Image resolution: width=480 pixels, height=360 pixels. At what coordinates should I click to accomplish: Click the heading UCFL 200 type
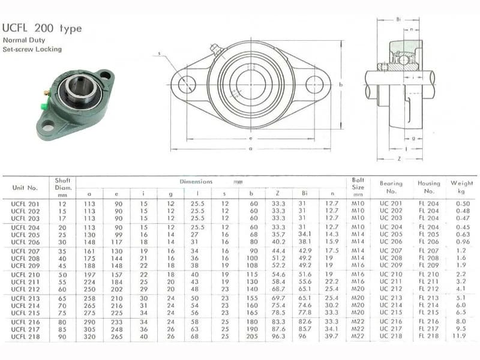(x=42, y=28)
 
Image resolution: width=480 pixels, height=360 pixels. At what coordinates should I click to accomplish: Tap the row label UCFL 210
(x=25, y=275)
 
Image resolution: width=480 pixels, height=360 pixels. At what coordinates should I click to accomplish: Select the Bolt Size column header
(x=358, y=187)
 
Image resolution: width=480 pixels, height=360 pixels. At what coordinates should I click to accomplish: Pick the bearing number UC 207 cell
(x=391, y=251)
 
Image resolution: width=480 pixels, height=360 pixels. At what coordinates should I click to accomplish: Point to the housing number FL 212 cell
(x=428, y=289)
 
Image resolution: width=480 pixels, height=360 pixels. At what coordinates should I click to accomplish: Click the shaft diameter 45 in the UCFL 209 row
(x=62, y=266)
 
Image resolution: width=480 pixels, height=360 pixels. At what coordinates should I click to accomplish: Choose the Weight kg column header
(x=461, y=187)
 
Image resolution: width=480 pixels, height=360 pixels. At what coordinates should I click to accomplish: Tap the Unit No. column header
(x=25, y=188)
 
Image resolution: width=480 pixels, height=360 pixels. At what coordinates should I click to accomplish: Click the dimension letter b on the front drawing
(x=340, y=85)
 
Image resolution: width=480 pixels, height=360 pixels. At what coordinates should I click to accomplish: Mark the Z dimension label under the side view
(x=399, y=159)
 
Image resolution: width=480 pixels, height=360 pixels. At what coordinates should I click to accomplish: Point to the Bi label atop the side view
(x=398, y=19)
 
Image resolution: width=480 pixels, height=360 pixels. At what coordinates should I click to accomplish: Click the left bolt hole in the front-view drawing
(x=187, y=84)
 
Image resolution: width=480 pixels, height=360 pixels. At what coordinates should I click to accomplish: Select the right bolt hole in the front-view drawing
(x=314, y=85)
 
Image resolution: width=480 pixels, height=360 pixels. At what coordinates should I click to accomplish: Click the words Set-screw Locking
(x=32, y=49)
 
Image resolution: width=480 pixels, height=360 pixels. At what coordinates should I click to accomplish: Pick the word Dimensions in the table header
(x=196, y=182)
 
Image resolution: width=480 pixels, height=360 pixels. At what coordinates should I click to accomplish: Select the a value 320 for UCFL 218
(x=89, y=337)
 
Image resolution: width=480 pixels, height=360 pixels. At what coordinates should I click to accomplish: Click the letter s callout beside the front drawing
(x=159, y=53)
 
